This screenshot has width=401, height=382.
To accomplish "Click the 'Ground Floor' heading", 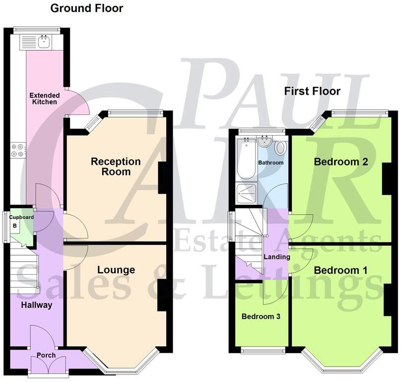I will (87, 8).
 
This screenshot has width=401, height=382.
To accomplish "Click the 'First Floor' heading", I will (312, 91).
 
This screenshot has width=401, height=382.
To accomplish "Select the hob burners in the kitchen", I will (18, 150).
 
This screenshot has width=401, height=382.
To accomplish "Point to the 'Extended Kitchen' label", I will (44, 98).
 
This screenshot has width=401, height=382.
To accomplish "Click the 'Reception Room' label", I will (116, 166).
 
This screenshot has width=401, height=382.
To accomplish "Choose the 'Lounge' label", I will (116, 270).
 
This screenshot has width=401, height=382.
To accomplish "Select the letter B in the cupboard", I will (15, 226).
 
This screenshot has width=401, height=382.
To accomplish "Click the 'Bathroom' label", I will (270, 163).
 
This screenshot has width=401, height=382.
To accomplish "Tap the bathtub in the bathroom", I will (246, 159).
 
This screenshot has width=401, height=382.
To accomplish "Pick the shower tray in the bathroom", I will (247, 194).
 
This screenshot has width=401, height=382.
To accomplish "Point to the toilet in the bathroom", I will (280, 148).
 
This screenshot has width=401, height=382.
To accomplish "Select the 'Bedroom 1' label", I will (341, 270).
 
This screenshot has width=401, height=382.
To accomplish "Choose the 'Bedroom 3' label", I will (261, 316).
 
